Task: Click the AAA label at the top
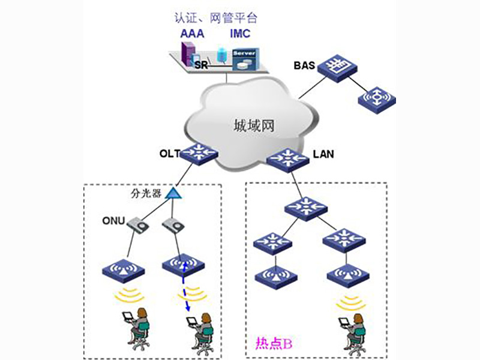192,33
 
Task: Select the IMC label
241,33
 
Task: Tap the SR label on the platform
200,64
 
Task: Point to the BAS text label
304,64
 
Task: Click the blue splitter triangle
173,193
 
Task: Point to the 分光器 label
146,193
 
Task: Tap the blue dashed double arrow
185,285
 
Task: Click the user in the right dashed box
353,329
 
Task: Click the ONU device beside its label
140,226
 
